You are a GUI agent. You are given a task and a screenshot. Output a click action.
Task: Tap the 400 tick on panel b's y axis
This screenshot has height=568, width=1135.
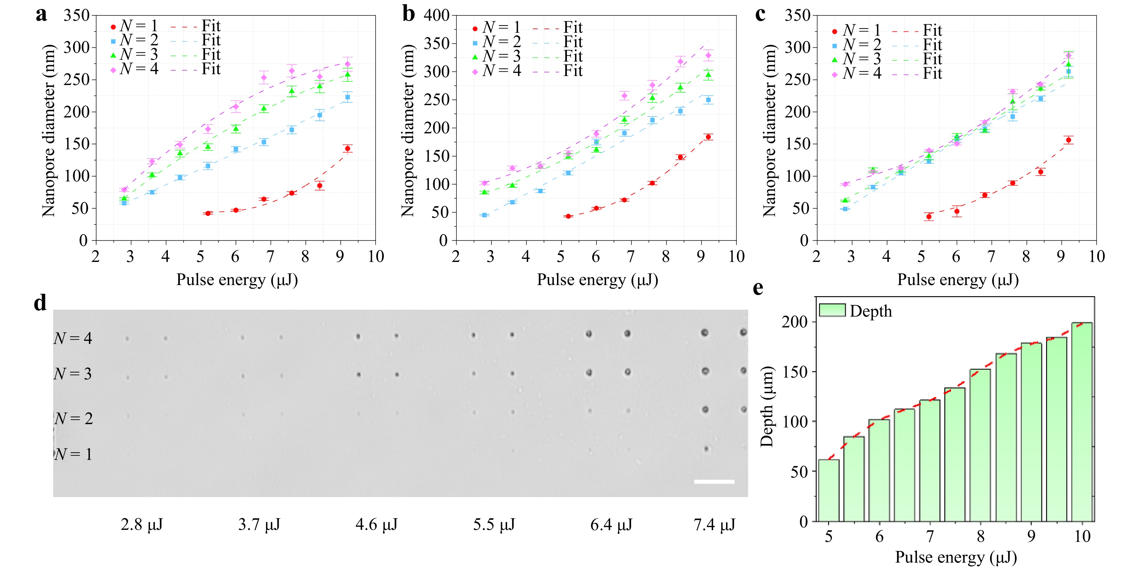[436, 16]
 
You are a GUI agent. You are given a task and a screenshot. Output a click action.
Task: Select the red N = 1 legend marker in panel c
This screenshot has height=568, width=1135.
[834, 31]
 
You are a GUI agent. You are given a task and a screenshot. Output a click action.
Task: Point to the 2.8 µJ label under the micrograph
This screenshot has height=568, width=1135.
[141, 524]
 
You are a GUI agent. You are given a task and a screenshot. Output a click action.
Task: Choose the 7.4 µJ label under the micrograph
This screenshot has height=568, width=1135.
[714, 524]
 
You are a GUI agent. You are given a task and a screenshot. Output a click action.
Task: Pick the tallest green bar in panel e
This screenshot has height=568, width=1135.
[1082, 422]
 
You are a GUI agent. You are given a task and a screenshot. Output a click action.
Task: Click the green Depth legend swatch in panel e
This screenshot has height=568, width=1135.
[832, 310]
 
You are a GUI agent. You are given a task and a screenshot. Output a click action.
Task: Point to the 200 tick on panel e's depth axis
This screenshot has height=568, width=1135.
[795, 322]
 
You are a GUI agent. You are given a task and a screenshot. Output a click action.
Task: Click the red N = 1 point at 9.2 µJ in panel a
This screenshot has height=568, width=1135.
[348, 148]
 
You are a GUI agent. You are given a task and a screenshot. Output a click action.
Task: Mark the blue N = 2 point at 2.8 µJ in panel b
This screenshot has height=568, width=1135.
[485, 215]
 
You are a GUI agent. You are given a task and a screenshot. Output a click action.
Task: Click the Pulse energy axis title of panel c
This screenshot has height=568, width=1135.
[958, 280]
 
